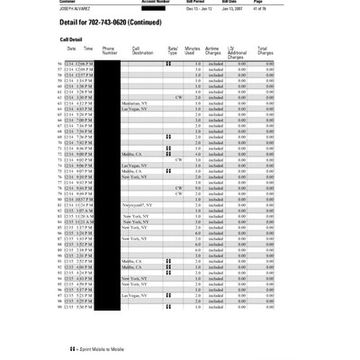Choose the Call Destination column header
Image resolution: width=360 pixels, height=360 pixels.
[142, 52]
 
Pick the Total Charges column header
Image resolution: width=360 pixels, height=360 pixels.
[262, 52]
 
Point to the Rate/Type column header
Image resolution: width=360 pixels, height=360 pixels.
[173, 52]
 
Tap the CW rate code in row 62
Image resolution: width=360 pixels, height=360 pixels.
[179, 97]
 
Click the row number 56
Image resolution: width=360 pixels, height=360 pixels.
[60, 65]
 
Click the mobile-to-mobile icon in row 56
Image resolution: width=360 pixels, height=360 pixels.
[168, 65]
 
